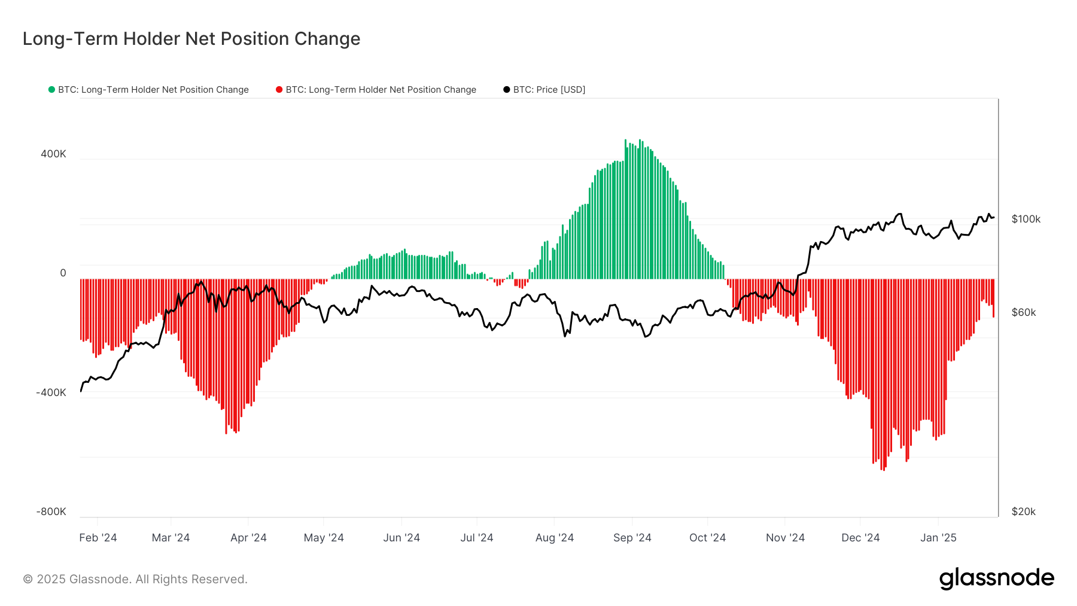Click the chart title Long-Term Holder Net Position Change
(x=191, y=39)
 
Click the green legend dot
(x=51, y=90)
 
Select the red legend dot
(x=279, y=90)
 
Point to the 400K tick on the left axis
(x=53, y=154)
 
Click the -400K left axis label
(x=51, y=392)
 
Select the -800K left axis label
(x=51, y=511)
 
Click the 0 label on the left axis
(x=63, y=273)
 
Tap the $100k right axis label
(x=1026, y=219)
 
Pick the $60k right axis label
(x=1023, y=312)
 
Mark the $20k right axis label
(x=1023, y=511)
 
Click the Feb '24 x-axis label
(x=98, y=537)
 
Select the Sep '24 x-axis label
(x=632, y=537)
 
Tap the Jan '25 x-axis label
(x=938, y=537)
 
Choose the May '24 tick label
(x=324, y=537)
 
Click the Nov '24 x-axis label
(x=785, y=537)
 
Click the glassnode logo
(x=996, y=578)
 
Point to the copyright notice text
(x=135, y=579)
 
